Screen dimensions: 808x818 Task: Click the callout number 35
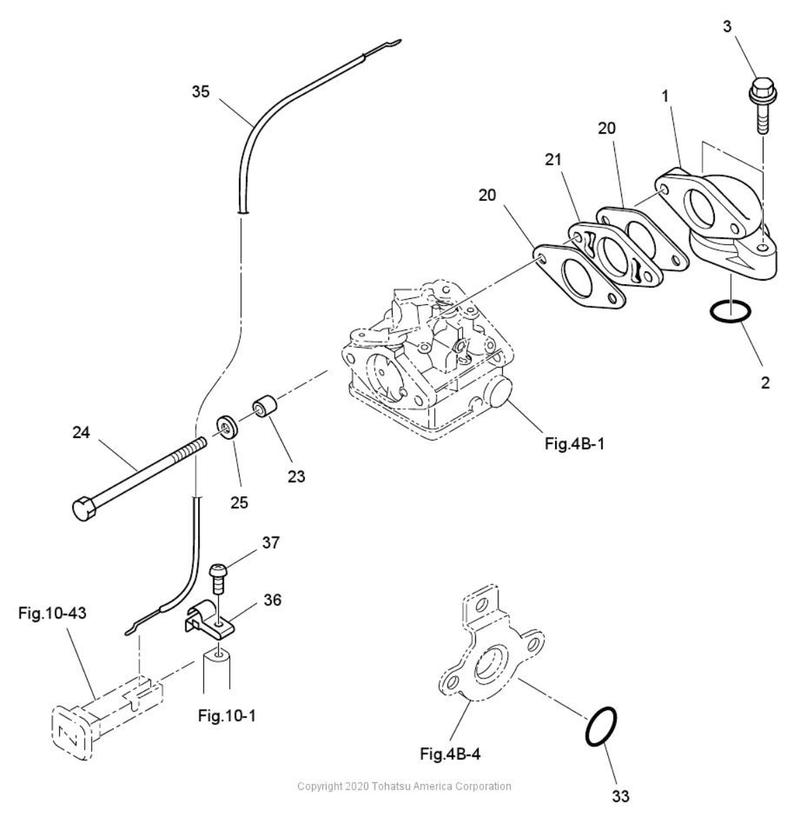point(200,91)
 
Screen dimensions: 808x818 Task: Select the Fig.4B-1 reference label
point(575,444)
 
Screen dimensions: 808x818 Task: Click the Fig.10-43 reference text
point(52,612)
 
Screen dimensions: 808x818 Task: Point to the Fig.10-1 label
point(227,715)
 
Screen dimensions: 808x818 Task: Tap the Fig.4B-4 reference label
point(450,754)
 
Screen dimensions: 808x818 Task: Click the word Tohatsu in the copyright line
point(391,786)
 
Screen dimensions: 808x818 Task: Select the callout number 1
point(665,96)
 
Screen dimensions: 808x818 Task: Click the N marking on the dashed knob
point(67,734)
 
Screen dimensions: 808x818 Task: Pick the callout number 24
point(81,432)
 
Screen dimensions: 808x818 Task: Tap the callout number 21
point(554,160)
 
